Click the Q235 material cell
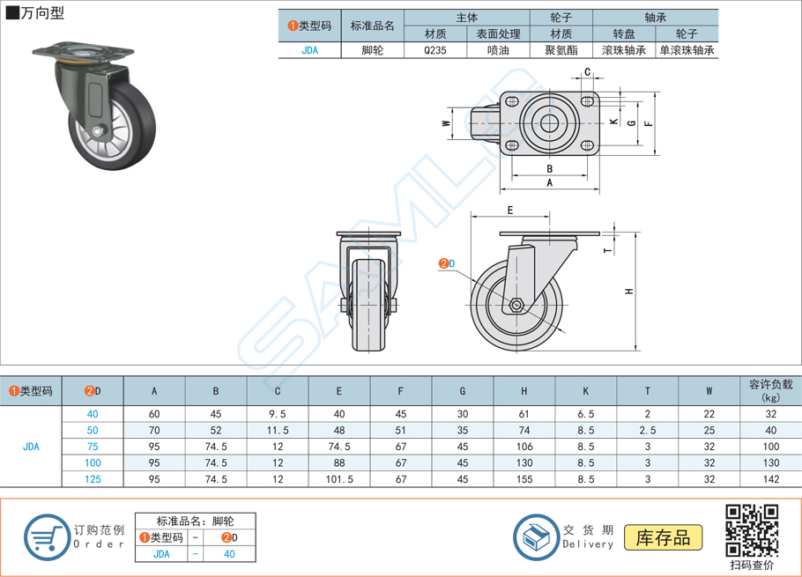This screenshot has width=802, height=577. coord(435,50)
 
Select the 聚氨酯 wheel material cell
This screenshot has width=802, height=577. coord(561,50)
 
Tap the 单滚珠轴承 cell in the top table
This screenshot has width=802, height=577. coord(687,50)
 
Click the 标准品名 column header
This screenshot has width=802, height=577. coord(373,26)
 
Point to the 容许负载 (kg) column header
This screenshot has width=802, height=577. coord(770,390)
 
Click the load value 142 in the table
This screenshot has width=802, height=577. coord(770,479)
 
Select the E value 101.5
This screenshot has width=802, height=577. coord(339,479)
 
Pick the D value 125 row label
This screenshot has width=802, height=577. coord(93,479)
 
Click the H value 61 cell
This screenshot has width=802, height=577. coord(524,414)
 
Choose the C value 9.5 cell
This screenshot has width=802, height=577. coord(278,414)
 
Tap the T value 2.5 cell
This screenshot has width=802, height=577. coord(648,430)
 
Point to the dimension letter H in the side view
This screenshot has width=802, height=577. coord(627,292)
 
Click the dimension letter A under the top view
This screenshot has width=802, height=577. coord(550,183)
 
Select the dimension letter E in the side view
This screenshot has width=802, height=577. coord(510,211)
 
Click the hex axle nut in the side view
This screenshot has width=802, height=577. coord(516,307)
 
